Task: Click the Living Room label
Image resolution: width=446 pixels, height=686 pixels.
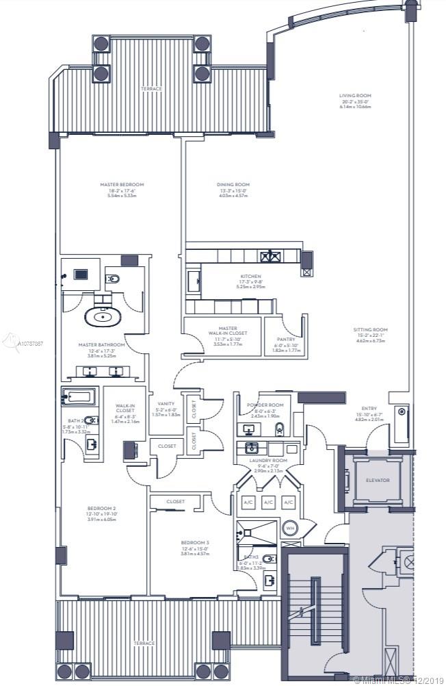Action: tap(355, 96)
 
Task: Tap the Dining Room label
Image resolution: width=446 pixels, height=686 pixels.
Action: tap(233, 184)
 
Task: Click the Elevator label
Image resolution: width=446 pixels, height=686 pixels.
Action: tap(377, 480)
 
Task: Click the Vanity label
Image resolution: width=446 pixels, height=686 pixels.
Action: tap(166, 404)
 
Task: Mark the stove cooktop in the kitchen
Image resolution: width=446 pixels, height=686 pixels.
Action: tap(269, 256)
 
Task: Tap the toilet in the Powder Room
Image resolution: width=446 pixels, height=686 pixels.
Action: tap(279, 429)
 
